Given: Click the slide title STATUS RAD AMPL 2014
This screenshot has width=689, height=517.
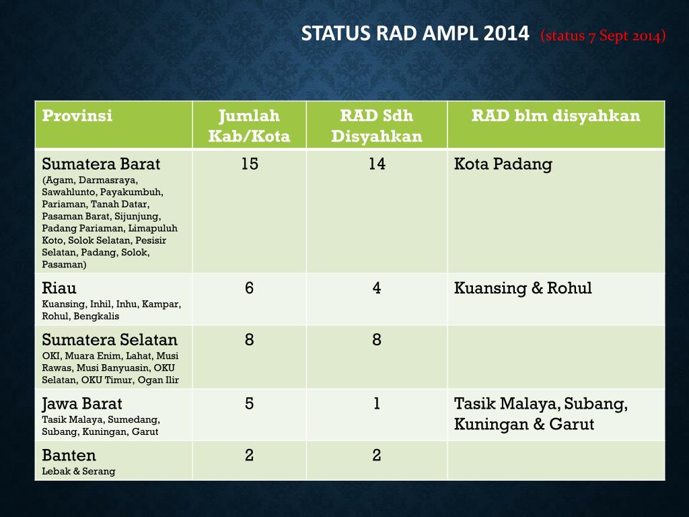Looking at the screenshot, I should pos(415,34).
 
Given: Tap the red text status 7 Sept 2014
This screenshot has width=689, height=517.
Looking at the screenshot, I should pos(603,36).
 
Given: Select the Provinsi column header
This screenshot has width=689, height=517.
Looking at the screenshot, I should pos(77,116).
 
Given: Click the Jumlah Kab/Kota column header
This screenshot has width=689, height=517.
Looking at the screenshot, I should pos(249,125).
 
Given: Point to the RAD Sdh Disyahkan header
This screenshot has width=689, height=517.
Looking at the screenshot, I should pos(377,125).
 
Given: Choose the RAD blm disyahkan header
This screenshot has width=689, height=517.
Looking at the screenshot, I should pos(556,116).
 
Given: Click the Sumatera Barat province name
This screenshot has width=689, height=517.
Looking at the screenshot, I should pos(101,164).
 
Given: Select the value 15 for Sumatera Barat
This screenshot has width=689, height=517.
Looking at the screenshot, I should pos(249,164).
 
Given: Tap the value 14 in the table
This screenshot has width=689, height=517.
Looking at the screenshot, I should pos(377,164).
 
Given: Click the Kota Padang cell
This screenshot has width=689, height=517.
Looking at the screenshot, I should pos(503,164).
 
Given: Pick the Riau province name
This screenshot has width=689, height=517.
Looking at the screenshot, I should pos(59,289).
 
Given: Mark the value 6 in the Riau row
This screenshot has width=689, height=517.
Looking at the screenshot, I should pos(249,288).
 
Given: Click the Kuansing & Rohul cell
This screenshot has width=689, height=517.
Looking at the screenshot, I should pos(523,289).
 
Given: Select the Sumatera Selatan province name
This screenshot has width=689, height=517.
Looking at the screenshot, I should pos(110,340).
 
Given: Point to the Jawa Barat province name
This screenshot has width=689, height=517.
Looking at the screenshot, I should pos(82,404).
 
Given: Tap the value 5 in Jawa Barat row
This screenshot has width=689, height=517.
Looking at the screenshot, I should pos(249,403).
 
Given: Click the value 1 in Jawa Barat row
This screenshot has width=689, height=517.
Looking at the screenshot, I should pos(377,403).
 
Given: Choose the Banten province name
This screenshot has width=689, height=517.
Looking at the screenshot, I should pos(69,455).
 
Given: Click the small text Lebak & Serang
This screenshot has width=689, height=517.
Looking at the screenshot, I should pos(78,471).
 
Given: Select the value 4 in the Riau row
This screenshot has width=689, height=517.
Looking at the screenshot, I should pos(377,288).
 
